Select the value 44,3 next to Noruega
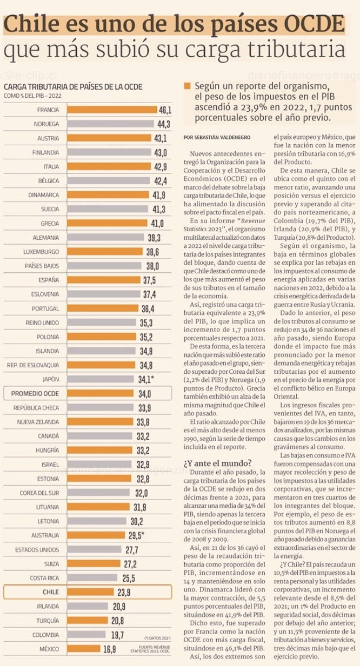tap(164, 124)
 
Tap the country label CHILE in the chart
tap(51, 591)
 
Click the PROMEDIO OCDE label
tap(36, 393)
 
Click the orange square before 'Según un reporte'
tap(187, 86)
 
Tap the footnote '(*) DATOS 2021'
tap(158, 638)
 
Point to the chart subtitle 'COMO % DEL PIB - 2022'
tap(33, 96)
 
